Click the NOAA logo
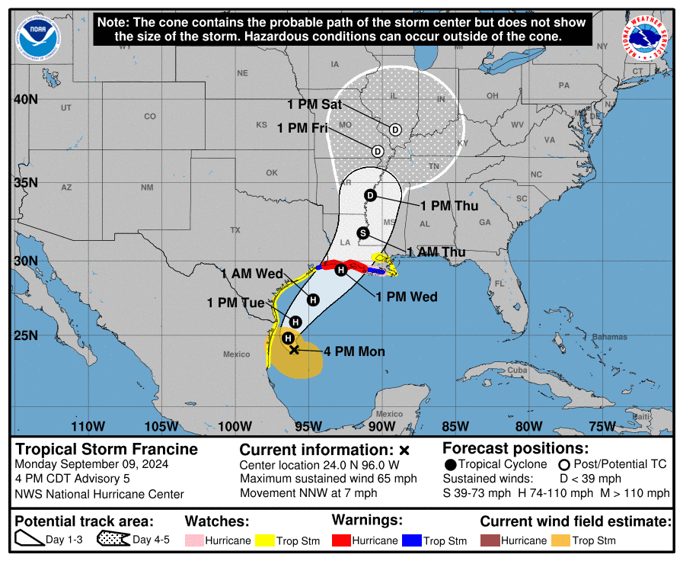click(39, 35)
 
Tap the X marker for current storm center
click(295, 350)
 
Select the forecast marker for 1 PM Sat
click(395, 130)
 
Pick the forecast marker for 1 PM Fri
click(378, 151)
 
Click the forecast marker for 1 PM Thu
click(371, 195)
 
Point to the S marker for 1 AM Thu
click(362, 232)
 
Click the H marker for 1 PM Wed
click(341, 270)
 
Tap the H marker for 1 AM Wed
click(313, 298)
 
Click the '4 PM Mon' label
click(354, 351)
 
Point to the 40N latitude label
click(27, 100)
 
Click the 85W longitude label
click(455, 425)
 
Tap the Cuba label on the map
click(517, 370)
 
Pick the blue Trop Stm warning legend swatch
click(411, 540)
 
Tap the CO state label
click(150, 117)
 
